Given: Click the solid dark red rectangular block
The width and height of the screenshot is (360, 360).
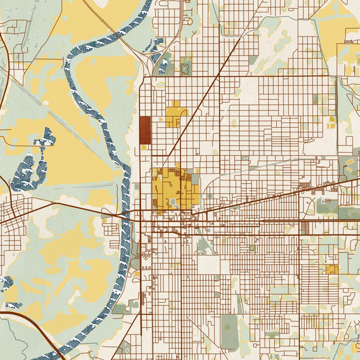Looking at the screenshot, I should [145, 130].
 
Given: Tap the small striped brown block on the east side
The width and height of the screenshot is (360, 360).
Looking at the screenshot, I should [304, 227].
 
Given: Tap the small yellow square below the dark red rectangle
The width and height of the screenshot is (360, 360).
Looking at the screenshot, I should [144, 148].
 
